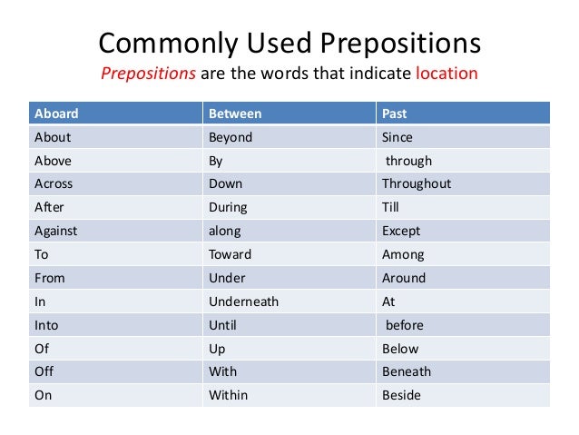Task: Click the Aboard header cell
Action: [56, 114]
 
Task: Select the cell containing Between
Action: [235, 114]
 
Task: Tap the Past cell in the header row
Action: [394, 114]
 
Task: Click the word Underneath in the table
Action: [243, 302]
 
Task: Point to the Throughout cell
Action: [417, 183]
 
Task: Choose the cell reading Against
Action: [55, 231]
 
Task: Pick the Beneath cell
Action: [407, 371]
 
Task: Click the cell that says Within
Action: [228, 395]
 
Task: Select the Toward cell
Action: [231, 254]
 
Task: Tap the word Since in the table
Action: [397, 137]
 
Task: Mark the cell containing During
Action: [228, 207]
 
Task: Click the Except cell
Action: [401, 231]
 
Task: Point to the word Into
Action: [46, 325]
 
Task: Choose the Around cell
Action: [404, 278]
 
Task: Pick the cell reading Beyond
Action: [231, 137]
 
